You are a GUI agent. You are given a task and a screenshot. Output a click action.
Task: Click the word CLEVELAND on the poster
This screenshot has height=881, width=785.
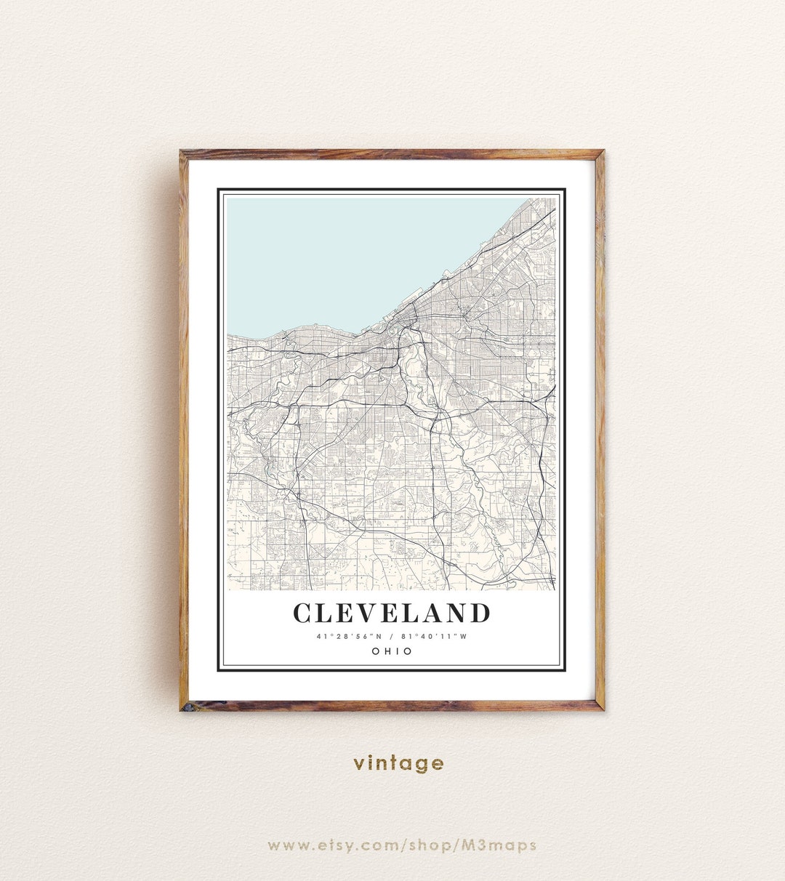392,614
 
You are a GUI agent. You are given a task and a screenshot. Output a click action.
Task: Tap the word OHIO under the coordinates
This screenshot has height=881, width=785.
392,651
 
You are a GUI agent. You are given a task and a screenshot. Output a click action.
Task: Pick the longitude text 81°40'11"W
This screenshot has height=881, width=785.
438,637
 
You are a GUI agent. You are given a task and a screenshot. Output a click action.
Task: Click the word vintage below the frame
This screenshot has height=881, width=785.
398,763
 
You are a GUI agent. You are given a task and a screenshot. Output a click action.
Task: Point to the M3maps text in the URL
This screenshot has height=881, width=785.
505,845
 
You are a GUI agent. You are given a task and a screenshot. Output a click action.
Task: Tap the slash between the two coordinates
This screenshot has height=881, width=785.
392,637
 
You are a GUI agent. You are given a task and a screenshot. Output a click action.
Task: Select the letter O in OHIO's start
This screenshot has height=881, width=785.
375,651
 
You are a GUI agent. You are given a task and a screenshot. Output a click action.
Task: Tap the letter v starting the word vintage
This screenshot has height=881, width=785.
359,764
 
